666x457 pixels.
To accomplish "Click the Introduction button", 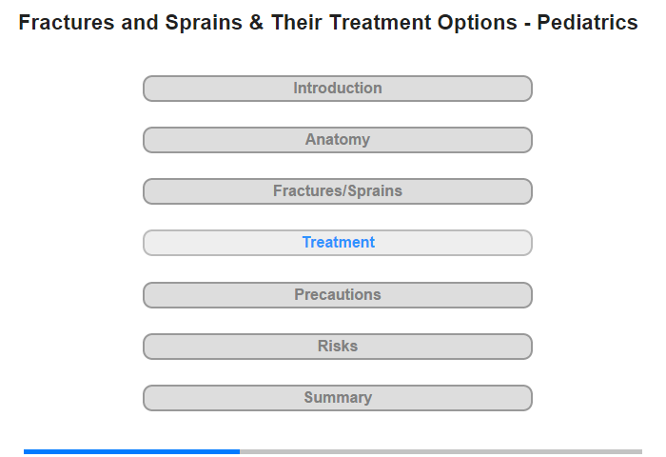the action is click(338, 89).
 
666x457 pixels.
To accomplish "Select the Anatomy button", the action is click(338, 140).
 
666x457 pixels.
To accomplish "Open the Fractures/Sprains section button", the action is click(338, 191).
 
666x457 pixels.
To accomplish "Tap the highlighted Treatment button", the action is click(338, 243).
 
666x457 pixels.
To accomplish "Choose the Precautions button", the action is click(338, 295).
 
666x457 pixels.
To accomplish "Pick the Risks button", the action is click(338, 347).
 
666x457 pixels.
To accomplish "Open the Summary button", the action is click(338, 398).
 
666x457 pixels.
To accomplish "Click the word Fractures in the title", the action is click(67, 23).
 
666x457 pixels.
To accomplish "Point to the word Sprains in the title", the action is click(204, 23).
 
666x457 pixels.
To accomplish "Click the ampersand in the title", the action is click(257, 23).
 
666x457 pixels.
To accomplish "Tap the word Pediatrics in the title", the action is click(587, 23).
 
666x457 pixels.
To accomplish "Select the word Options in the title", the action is click(478, 23).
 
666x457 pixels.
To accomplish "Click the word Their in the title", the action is click(297, 23).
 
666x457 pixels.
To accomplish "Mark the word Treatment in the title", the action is click(381, 23).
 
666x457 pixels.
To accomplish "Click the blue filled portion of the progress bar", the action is click(131, 451).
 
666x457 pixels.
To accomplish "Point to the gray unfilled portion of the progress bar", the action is click(441, 451).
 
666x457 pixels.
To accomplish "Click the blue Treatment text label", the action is click(339, 243).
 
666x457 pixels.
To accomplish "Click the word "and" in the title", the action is click(140, 23).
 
